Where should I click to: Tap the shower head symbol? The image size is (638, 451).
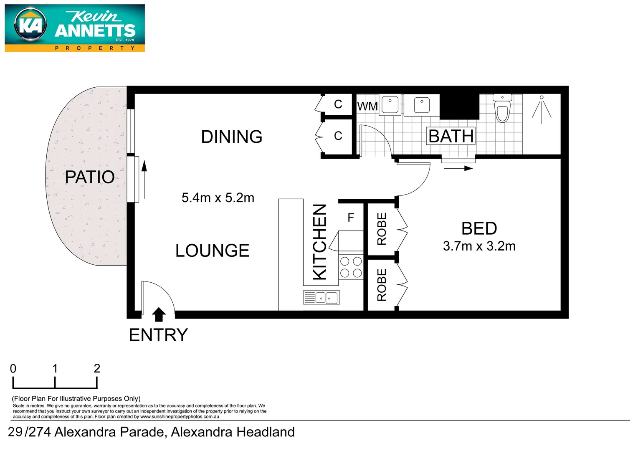tap(542, 109)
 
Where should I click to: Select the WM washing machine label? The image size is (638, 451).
tap(367, 106)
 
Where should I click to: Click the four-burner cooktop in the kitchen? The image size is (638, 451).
tap(351, 267)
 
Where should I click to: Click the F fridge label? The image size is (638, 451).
tap(351, 217)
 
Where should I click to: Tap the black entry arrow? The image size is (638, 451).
tap(159, 314)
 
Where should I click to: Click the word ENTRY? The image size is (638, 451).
tap(158, 335)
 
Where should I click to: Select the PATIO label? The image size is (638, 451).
tap(90, 177)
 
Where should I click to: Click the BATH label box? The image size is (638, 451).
tap(451, 136)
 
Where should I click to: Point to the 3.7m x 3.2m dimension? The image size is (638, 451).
tap(479, 246)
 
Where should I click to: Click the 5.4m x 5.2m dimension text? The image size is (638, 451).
tap(218, 198)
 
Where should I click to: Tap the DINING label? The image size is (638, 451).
tap(231, 137)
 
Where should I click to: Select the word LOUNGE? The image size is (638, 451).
tap(212, 251)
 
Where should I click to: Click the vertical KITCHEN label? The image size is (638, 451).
tap(320, 242)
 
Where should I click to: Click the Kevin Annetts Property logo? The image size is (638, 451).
tap(75, 28)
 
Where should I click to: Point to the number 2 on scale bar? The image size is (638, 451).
tap(97, 368)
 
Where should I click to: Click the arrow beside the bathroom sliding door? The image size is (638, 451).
tap(458, 168)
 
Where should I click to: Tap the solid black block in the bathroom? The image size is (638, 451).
tap(459, 106)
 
